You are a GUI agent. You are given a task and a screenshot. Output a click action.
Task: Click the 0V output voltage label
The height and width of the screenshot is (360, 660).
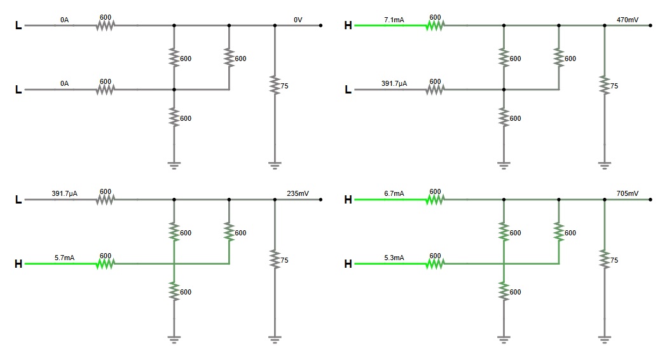[x=298, y=20]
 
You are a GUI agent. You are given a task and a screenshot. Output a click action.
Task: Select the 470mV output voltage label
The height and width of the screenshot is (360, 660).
[x=628, y=20]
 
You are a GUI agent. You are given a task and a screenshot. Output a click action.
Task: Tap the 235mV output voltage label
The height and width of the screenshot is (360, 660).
[x=298, y=193]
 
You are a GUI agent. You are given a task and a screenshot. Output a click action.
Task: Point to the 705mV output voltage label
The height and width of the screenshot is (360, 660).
[x=628, y=193]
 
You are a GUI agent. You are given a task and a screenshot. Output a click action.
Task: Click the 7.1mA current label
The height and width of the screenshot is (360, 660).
[x=394, y=20]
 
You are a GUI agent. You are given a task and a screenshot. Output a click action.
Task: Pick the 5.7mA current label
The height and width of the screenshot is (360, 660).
[x=64, y=258]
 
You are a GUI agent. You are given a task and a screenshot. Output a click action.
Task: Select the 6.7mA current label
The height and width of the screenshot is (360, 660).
[x=394, y=193]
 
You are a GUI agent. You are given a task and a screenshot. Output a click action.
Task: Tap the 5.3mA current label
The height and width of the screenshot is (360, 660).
[x=394, y=258]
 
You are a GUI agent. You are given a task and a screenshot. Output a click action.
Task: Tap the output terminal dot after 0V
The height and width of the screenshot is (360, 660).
[x=320, y=25]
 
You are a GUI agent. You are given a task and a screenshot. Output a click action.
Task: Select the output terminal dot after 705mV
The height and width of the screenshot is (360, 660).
[x=650, y=200]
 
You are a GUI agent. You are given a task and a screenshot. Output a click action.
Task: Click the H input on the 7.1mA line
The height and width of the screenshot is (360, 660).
[x=348, y=25]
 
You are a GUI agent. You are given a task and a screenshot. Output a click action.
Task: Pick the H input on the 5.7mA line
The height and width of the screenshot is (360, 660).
[x=18, y=263]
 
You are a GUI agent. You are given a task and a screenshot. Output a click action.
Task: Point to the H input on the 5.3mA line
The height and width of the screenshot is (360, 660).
[x=348, y=263]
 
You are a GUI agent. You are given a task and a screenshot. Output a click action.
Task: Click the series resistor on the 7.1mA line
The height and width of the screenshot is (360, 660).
[x=435, y=25]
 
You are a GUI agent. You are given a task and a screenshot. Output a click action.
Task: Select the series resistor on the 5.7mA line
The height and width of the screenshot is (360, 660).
[x=105, y=263]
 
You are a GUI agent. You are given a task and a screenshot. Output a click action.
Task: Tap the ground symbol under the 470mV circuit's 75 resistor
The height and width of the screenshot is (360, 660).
[x=605, y=165]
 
